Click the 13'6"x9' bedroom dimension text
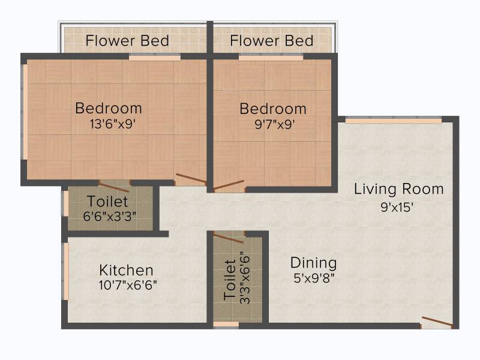point(113,124)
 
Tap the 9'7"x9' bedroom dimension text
point(275,124)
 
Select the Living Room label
point(398,189)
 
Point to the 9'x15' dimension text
point(397,207)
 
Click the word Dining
point(313,263)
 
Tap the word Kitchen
point(126,271)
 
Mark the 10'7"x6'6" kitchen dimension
point(128,285)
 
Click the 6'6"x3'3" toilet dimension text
point(109,216)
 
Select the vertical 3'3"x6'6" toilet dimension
point(245,278)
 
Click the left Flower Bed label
point(127,41)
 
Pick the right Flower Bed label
point(272,41)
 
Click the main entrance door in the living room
point(437,322)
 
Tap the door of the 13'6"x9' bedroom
point(191,179)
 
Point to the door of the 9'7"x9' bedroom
point(229,185)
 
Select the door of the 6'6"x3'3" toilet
point(114,187)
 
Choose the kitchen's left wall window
point(65,272)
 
